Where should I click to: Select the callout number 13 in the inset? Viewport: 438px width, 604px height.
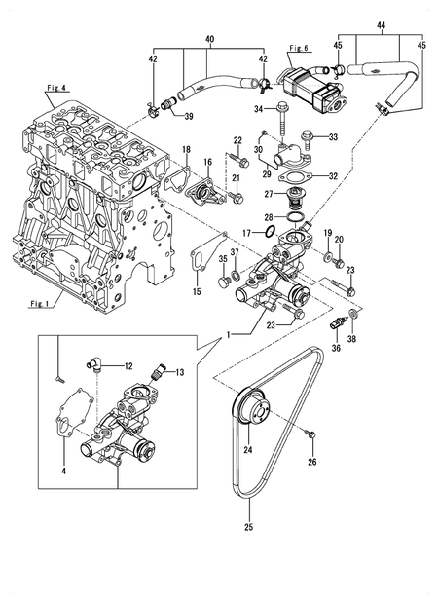[x=179, y=372]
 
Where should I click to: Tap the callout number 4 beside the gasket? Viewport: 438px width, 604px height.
[x=64, y=472]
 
